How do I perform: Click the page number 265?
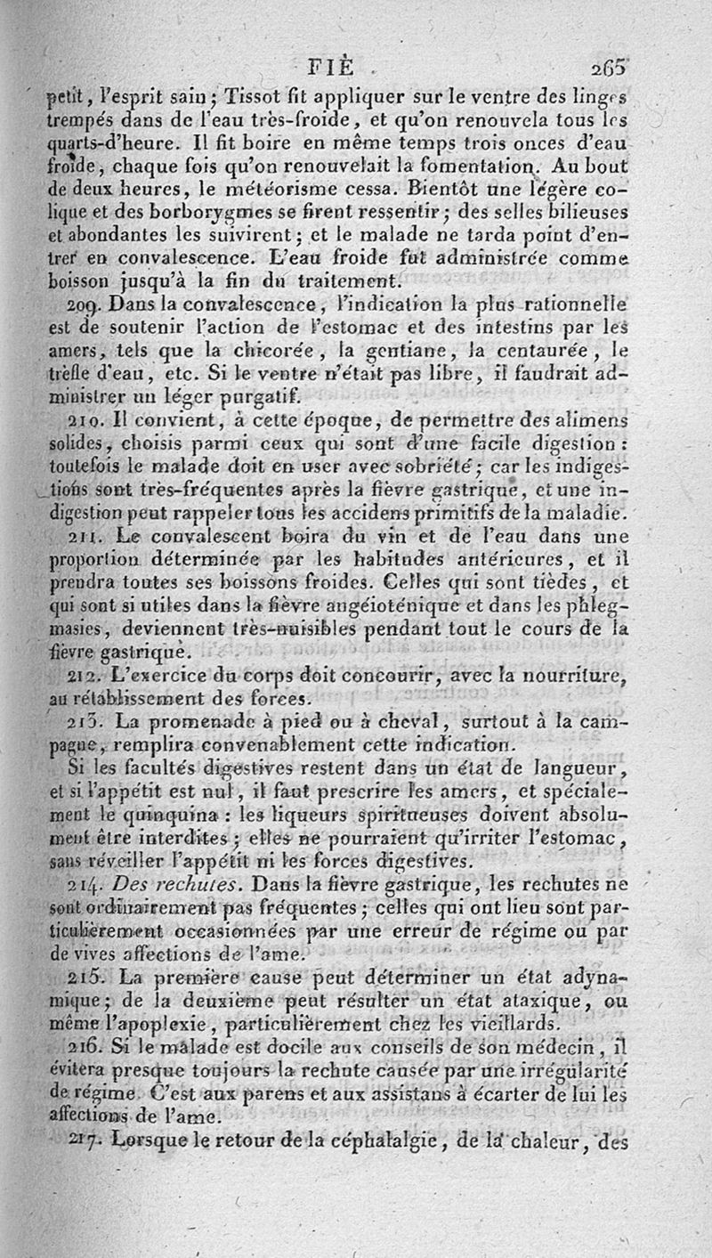coord(607,67)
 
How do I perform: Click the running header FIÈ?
coord(329,68)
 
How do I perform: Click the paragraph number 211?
coord(66,537)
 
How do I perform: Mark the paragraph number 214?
coord(67,884)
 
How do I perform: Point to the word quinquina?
coord(182,815)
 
